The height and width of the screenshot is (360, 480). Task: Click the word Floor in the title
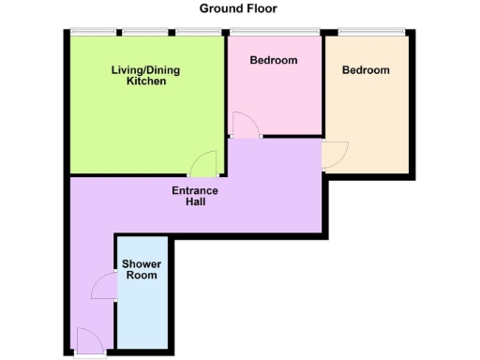[262, 8]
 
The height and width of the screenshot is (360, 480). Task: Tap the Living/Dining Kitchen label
[146, 75]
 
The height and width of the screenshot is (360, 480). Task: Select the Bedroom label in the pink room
[274, 60]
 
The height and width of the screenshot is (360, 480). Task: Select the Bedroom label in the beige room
[366, 70]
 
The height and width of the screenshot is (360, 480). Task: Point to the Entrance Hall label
[195, 197]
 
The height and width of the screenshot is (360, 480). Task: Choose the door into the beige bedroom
[335, 155]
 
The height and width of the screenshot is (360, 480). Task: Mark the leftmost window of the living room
[93, 33]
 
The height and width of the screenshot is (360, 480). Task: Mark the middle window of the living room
[145, 33]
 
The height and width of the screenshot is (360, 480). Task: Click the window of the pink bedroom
[274, 33]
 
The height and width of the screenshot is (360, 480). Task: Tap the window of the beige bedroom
[371, 33]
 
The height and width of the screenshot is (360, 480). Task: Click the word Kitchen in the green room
[146, 82]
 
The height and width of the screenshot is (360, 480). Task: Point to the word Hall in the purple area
[195, 202]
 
